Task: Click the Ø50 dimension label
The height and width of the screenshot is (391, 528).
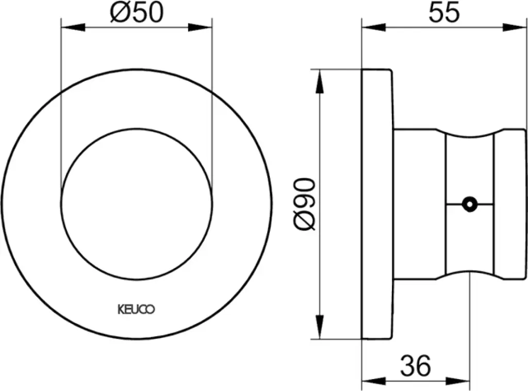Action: [x=136, y=13]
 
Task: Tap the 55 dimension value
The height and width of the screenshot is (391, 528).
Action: [x=444, y=12]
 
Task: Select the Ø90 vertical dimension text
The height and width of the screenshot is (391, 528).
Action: [x=305, y=204]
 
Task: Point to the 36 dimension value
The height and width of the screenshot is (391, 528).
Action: [x=416, y=365]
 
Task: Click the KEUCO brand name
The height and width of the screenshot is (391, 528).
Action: [x=136, y=309]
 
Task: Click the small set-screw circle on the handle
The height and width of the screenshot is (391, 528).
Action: [x=470, y=204]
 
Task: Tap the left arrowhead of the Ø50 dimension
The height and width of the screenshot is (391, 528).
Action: [x=73, y=28]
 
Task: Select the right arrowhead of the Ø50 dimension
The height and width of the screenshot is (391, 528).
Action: [x=200, y=28]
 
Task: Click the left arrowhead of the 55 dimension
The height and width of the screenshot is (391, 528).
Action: [x=373, y=28]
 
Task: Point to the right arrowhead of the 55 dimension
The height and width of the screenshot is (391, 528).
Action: [x=514, y=28]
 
